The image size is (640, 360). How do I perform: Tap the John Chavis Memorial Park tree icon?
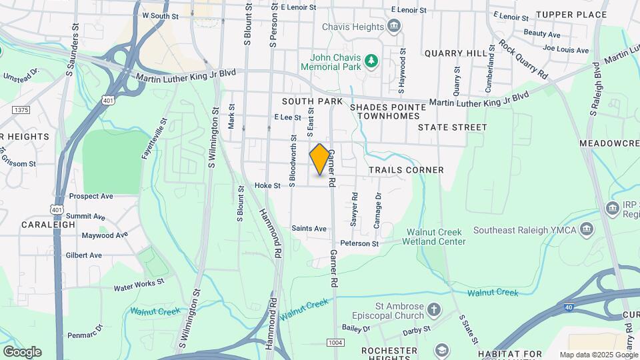(371, 62)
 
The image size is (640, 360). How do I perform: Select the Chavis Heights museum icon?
(394, 27)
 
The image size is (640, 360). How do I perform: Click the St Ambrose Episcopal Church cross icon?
(434, 310)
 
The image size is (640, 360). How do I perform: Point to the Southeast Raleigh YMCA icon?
(586, 230)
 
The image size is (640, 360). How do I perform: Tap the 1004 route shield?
(335, 342)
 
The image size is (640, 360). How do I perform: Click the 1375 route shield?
(21, 110)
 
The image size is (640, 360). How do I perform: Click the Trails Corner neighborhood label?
(406, 170)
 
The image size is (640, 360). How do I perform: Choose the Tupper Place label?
(571, 15)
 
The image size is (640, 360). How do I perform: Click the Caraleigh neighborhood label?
(48, 225)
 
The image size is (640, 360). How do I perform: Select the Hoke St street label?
(267, 186)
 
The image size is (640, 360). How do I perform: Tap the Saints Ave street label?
(309, 229)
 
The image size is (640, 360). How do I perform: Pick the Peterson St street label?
(359, 244)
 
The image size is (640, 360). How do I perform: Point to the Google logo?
(22, 352)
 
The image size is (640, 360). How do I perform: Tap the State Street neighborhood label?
(453, 127)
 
